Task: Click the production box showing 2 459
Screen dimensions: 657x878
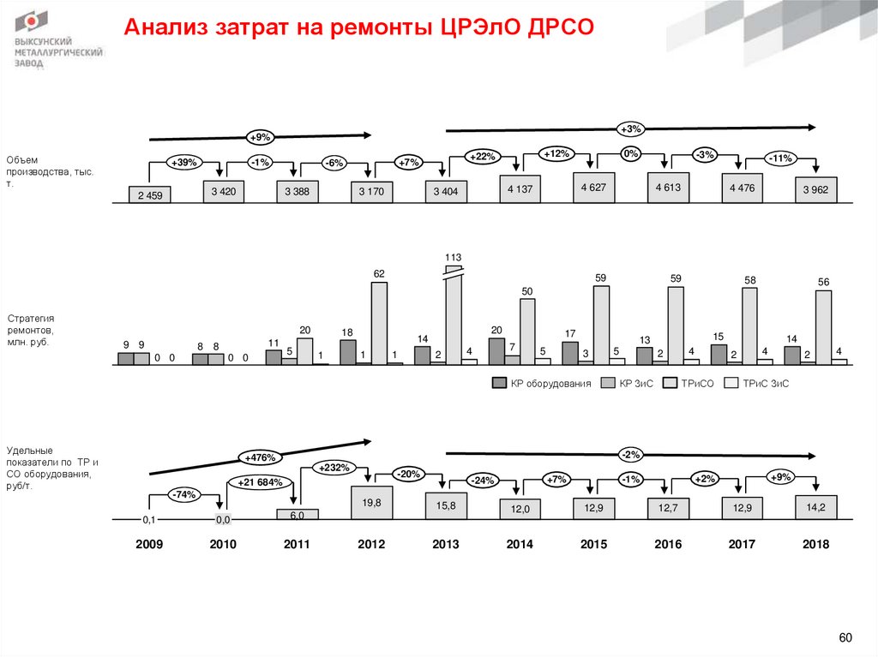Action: (x=150, y=195)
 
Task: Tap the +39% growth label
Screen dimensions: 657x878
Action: (x=183, y=162)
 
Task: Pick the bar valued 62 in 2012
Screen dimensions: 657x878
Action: (x=379, y=323)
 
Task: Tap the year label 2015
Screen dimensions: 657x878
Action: (x=594, y=545)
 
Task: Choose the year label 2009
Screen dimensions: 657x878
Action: (x=150, y=545)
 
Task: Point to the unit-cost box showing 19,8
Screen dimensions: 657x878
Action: (x=372, y=503)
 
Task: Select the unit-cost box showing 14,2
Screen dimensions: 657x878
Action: (x=815, y=507)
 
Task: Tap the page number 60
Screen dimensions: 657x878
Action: (x=845, y=637)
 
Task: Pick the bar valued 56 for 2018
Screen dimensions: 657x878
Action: (x=823, y=327)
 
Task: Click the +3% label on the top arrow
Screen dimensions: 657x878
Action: (x=630, y=129)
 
